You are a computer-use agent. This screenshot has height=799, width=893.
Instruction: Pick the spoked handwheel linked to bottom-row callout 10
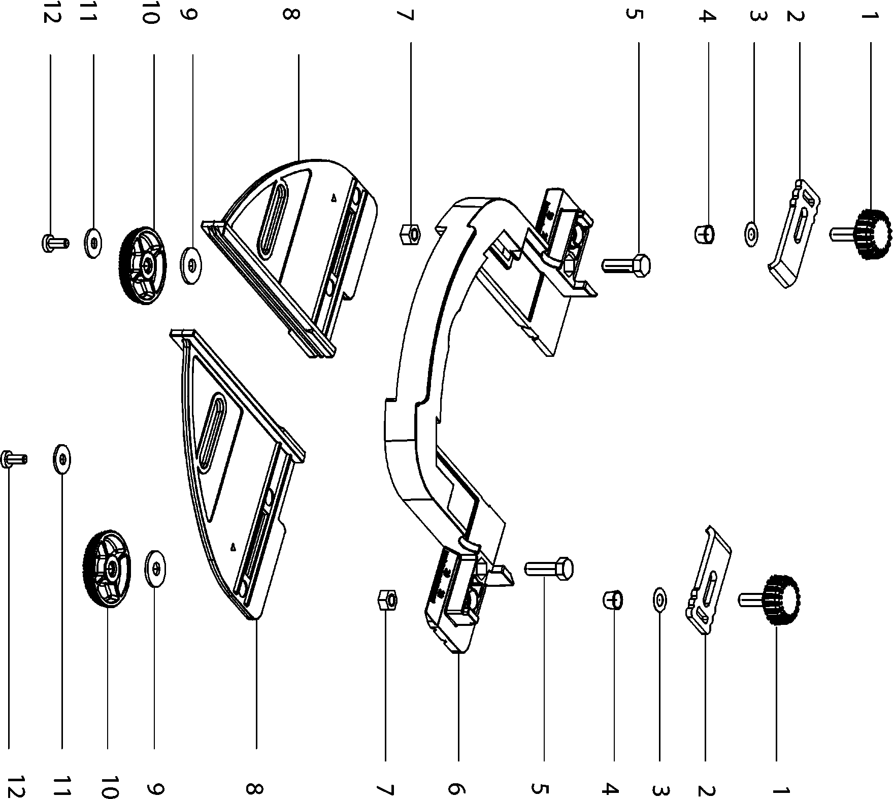point(107,569)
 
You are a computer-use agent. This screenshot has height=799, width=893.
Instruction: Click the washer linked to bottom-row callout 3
point(659,600)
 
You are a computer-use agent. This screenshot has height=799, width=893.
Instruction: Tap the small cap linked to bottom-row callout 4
point(612,600)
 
